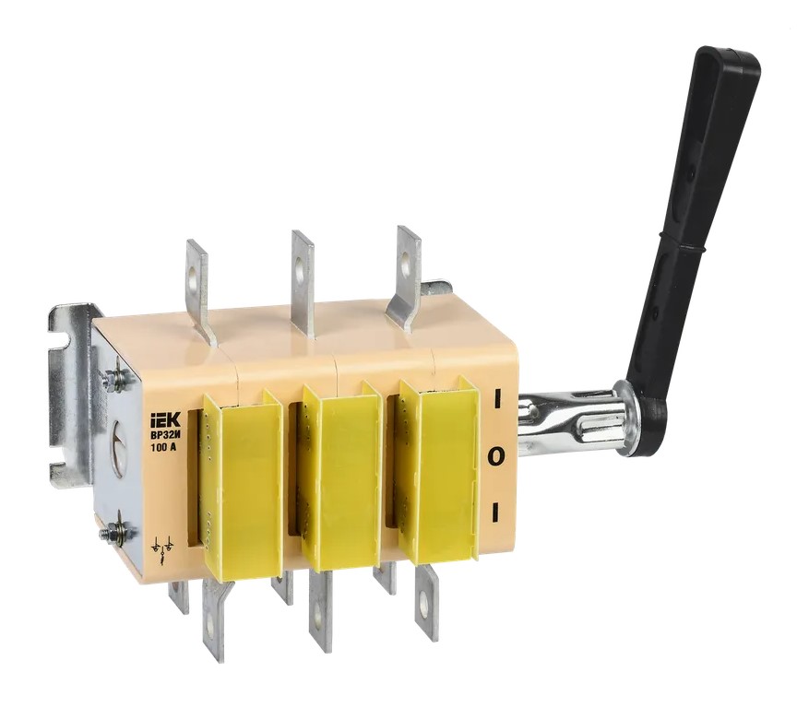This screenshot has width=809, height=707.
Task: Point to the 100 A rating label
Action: [x=162, y=447]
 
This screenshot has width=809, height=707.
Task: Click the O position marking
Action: [x=495, y=456]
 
